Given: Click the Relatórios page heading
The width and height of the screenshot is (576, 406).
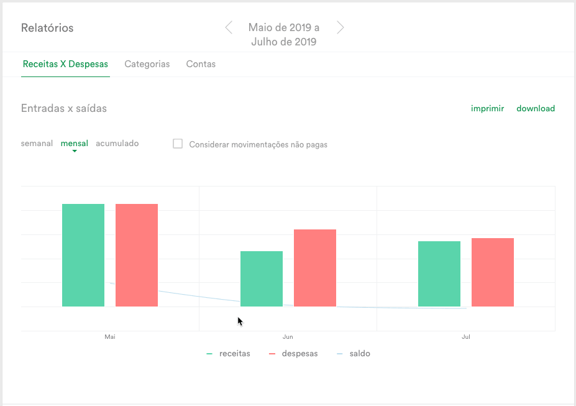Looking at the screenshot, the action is click(47, 28).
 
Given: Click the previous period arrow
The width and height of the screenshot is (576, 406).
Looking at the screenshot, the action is click(229, 27).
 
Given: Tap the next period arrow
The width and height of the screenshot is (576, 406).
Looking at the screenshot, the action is click(340, 27).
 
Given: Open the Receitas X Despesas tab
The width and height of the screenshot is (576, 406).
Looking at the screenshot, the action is click(65, 64).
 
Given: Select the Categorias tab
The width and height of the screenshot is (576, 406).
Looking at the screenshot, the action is click(147, 64).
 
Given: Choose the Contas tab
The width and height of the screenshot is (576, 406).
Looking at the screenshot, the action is click(201, 64).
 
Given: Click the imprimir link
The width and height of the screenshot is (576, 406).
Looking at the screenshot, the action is click(488, 108).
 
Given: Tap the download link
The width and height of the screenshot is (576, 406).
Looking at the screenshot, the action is click(536, 108).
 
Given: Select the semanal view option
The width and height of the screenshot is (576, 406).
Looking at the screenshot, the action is click(37, 143).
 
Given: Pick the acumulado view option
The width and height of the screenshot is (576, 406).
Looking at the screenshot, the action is click(117, 143).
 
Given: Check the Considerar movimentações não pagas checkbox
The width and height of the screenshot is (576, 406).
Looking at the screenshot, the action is click(178, 144).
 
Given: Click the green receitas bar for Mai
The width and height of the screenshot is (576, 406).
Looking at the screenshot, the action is click(83, 255).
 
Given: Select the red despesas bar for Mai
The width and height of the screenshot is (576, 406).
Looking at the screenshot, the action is click(137, 255).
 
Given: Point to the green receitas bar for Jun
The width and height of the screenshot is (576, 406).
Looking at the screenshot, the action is click(262, 279).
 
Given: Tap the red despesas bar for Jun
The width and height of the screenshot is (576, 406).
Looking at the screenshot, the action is click(315, 268).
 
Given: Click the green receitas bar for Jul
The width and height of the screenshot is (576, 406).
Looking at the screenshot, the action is click(439, 274).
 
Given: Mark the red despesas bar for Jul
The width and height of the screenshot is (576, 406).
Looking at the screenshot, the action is click(493, 272).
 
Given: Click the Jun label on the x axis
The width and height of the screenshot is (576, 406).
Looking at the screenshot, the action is click(288, 336).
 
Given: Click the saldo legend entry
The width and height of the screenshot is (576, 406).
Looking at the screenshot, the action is click(354, 353).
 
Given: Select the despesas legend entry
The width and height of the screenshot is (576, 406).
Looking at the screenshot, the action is click(293, 353).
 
